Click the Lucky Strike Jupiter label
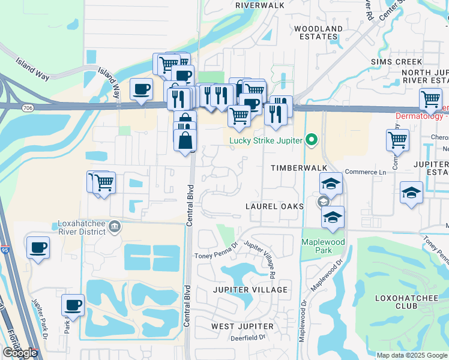coord(267,142)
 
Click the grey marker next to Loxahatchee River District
coord(115,226)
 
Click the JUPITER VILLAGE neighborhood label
coord(249,290)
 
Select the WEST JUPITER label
coord(243,326)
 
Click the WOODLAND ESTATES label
coord(316,32)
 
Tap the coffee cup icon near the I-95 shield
coord(38,248)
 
